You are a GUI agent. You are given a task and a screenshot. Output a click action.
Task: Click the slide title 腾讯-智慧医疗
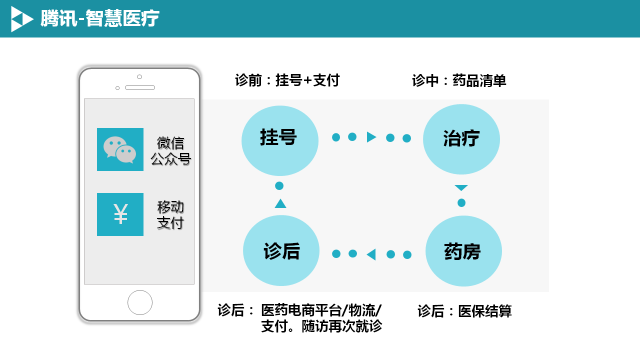tap(99, 19)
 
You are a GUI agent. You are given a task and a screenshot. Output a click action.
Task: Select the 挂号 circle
tap(279, 137)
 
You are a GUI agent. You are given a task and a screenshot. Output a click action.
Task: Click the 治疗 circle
tap(461, 137)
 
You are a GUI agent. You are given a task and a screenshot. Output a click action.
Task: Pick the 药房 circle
tap(461, 252)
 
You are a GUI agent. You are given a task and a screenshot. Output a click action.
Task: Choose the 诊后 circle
tap(279, 252)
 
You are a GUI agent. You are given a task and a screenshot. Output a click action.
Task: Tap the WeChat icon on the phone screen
tap(120, 150)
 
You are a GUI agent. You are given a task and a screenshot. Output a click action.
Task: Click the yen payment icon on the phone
tap(120, 214)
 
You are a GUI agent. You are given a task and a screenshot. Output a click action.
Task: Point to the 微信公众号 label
tap(170, 150)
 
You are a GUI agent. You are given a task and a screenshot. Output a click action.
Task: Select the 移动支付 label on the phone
tap(170, 214)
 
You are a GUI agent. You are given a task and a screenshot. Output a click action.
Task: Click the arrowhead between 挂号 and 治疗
tap(371, 137)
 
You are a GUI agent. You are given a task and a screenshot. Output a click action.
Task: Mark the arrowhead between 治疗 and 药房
tap(461, 187)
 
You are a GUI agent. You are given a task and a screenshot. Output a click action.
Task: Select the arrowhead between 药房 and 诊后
tap(371, 253)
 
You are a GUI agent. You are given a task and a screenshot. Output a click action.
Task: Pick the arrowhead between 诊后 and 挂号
tap(279, 204)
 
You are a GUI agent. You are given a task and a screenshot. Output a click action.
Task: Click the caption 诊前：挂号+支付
tap(287, 80)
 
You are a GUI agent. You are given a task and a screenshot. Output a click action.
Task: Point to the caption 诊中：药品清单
tap(459, 80)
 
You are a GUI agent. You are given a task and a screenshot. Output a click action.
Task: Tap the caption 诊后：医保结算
tap(464, 311)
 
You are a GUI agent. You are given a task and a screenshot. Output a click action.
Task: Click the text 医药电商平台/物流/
tap(320, 310)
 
